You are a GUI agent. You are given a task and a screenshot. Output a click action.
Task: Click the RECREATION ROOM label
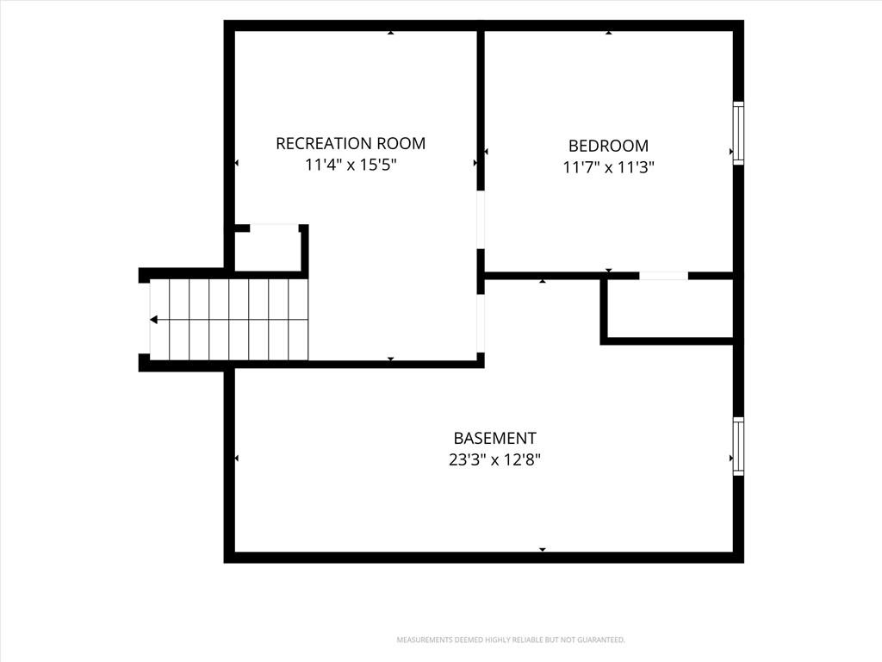pos(351,144)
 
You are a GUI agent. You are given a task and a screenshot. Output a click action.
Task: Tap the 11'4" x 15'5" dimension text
pos(351,165)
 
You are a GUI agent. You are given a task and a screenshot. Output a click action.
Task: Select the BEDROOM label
pos(608,146)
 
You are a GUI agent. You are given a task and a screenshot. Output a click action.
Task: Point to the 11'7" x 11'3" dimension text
pos(609,167)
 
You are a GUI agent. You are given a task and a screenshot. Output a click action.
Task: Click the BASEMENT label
pos(495,438)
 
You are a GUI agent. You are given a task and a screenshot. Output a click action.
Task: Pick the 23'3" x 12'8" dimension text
pos(495,460)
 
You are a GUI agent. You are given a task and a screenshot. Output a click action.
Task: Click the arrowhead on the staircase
pos(153,320)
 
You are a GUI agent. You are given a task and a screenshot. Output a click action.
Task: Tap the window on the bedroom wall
pos(738,133)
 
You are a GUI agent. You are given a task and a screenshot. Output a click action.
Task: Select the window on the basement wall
pos(738,447)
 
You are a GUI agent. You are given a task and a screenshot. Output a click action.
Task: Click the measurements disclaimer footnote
pos(511,640)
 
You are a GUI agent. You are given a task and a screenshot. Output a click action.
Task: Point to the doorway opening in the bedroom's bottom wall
pos(664,276)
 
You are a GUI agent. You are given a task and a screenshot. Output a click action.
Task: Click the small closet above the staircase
pos(267,251)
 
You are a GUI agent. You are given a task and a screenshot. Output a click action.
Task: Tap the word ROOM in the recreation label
pos(401,144)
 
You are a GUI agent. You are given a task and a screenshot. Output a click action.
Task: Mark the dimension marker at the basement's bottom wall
pos(543,549)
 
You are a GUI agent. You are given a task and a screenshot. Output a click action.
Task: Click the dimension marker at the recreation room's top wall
pos(390,33)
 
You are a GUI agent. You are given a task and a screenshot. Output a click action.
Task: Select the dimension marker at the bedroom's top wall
pos(609,33)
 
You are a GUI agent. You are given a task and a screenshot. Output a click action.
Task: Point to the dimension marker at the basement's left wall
pos(236,459)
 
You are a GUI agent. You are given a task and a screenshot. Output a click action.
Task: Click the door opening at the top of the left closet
pos(274,228)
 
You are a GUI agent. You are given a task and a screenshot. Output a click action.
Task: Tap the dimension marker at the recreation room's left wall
pos(236,163)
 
